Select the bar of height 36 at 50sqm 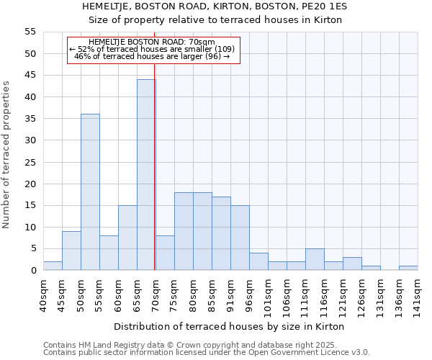pyautogui.click(x=90, y=192)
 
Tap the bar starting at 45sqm pyautogui.click(x=71, y=251)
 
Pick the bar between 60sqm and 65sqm pyautogui.click(x=127, y=238)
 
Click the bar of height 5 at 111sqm pyautogui.click(x=315, y=259)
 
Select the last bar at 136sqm pyautogui.click(x=408, y=268)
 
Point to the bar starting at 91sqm pyautogui.click(x=240, y=238)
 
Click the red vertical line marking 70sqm pyautogui.click(x=155, y=166)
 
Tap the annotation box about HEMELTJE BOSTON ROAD pyautogui.click(x=153, y=50)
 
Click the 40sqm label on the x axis pyautogui.click(x=43, y=295)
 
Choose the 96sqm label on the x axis pyautogui.click(x=249, y=295)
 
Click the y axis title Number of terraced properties pyautogui.click(x=7, y=154)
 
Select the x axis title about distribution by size pyautogui.click(x=229, y=327)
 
